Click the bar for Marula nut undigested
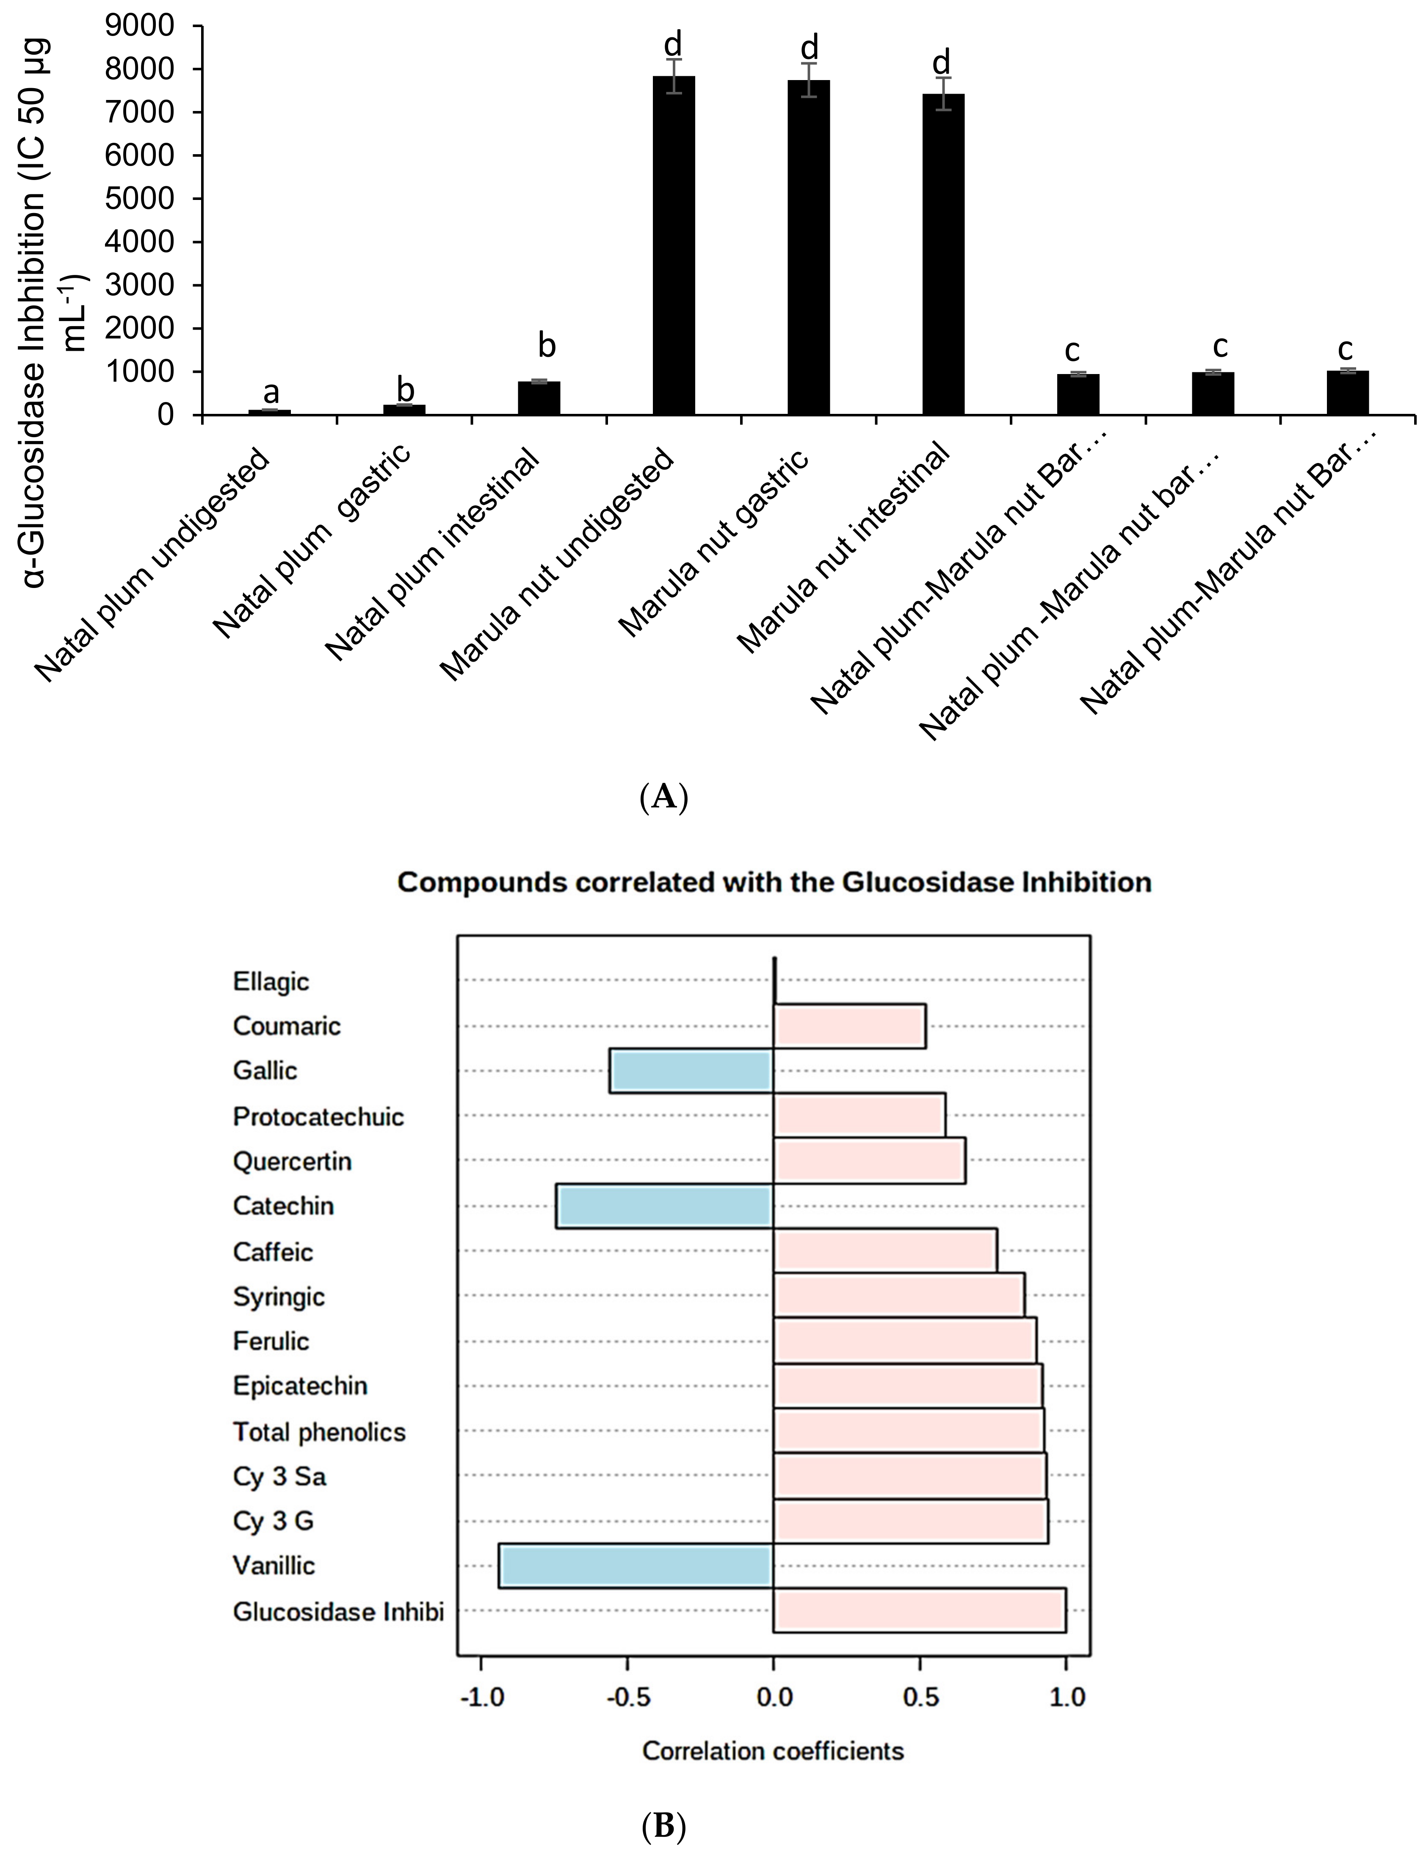pos(674,246)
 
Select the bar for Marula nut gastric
pos(809,248)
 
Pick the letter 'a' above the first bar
pos(271,393)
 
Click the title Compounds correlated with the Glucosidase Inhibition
pos(774,883)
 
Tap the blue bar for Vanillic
pos(636,1565)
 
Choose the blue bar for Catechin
pos(665,1206)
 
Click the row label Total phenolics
pos(320,1432)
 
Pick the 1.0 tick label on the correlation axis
pos(1067,1697)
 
